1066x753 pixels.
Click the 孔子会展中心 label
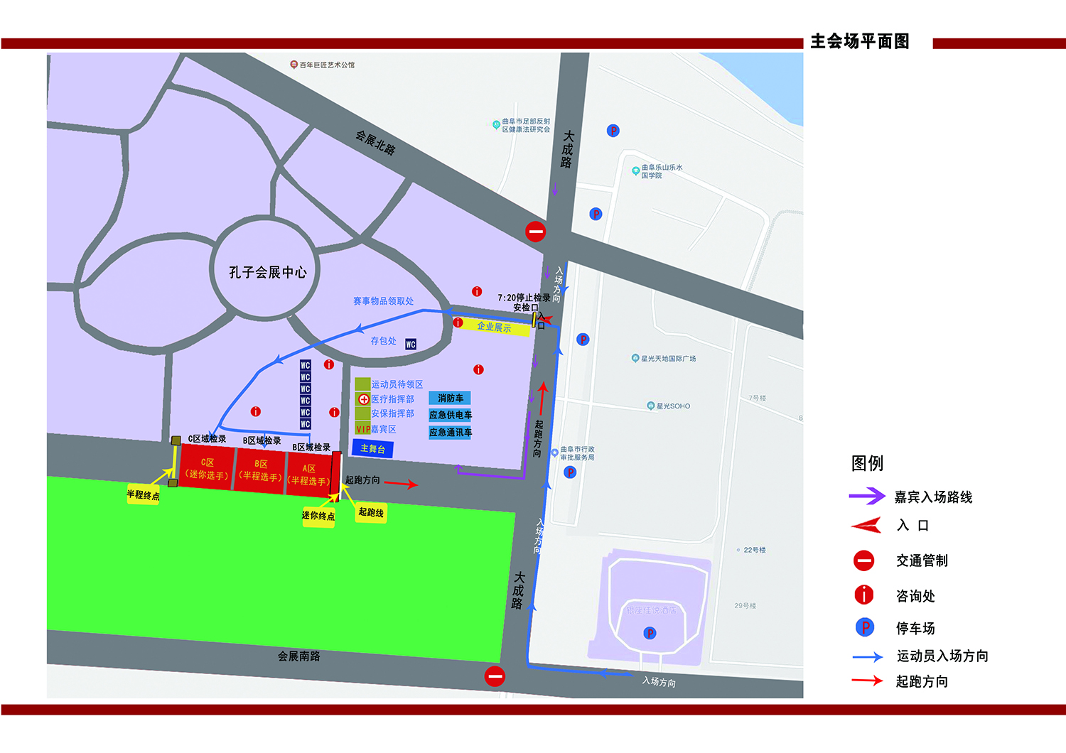[267, 272]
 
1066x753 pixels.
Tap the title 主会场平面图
[860, 42]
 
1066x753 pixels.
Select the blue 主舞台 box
[372, 448]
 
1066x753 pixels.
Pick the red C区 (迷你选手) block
[207, 468]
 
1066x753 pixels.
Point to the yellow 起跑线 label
[371, 512]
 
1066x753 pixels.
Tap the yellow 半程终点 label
[143, 495]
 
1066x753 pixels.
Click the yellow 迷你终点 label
[318, 516]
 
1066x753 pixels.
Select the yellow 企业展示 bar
[494, 327]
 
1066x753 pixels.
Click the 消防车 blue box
[450, 399]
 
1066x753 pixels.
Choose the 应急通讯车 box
[450, 432]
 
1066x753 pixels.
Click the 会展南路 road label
[298, 656]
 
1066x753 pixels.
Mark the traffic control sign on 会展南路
[495, 676]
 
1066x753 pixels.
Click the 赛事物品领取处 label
[383, 301]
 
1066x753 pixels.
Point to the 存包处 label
[383, 341]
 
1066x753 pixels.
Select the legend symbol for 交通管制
[863, 560]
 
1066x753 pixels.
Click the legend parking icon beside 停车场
[864, 627]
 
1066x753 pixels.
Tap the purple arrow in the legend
[867, 496]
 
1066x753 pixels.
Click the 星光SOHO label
[673, 406]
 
